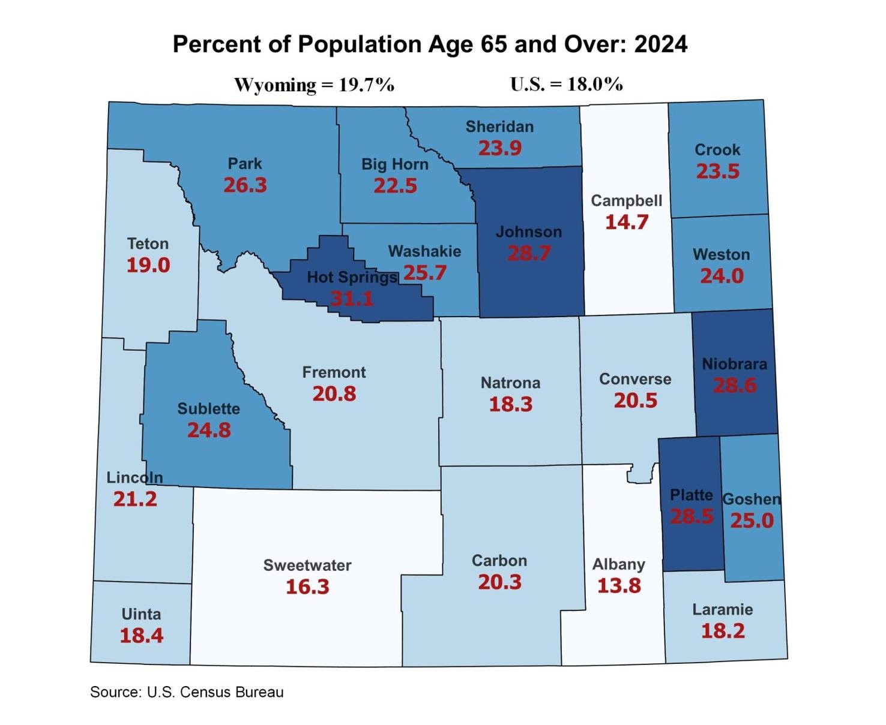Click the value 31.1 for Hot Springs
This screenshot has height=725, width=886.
pyautogui.click(x=352, y=298)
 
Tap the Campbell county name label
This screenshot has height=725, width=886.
pyautogui.click(x=626, y=201)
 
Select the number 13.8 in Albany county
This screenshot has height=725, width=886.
pyautogui.click(x=619, y=585)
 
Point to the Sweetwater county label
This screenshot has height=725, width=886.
pyautogui.click(x=307, y=565)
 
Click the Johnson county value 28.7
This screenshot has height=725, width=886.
pyautogui.click(x=529, y=253)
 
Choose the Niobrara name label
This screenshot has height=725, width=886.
pyautogui.click(x=734, y=364)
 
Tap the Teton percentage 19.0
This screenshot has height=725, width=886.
pyautogui.click(x=148, y=265)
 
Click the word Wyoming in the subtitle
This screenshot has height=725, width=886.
pyautogui.click(x=275, y=85)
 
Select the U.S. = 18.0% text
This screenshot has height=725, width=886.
pyautogui.click(x=566, y=84)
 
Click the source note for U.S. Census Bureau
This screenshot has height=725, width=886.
pyautogui.click(x=187, y=692)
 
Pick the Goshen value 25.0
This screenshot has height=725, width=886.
pyautogui.click(x=752, y=521)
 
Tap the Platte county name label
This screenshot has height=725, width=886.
pyautogui.click(x=692, y=495)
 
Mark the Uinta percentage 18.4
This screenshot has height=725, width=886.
pyautogui.click(x=142, y=636)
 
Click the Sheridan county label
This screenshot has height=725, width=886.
pyautogui.click(x=499, y=127)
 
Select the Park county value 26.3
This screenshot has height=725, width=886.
pyautogui.click(x=245, y=185)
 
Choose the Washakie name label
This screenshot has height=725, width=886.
pyautogui.click(x=424, y=251)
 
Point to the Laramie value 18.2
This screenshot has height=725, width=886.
pyautogui.click(x=723, y=631)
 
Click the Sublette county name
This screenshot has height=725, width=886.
pyautogui.click(x=208, y=409)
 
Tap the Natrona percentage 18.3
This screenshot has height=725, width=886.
pyautogui.click(x=510, y=404)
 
